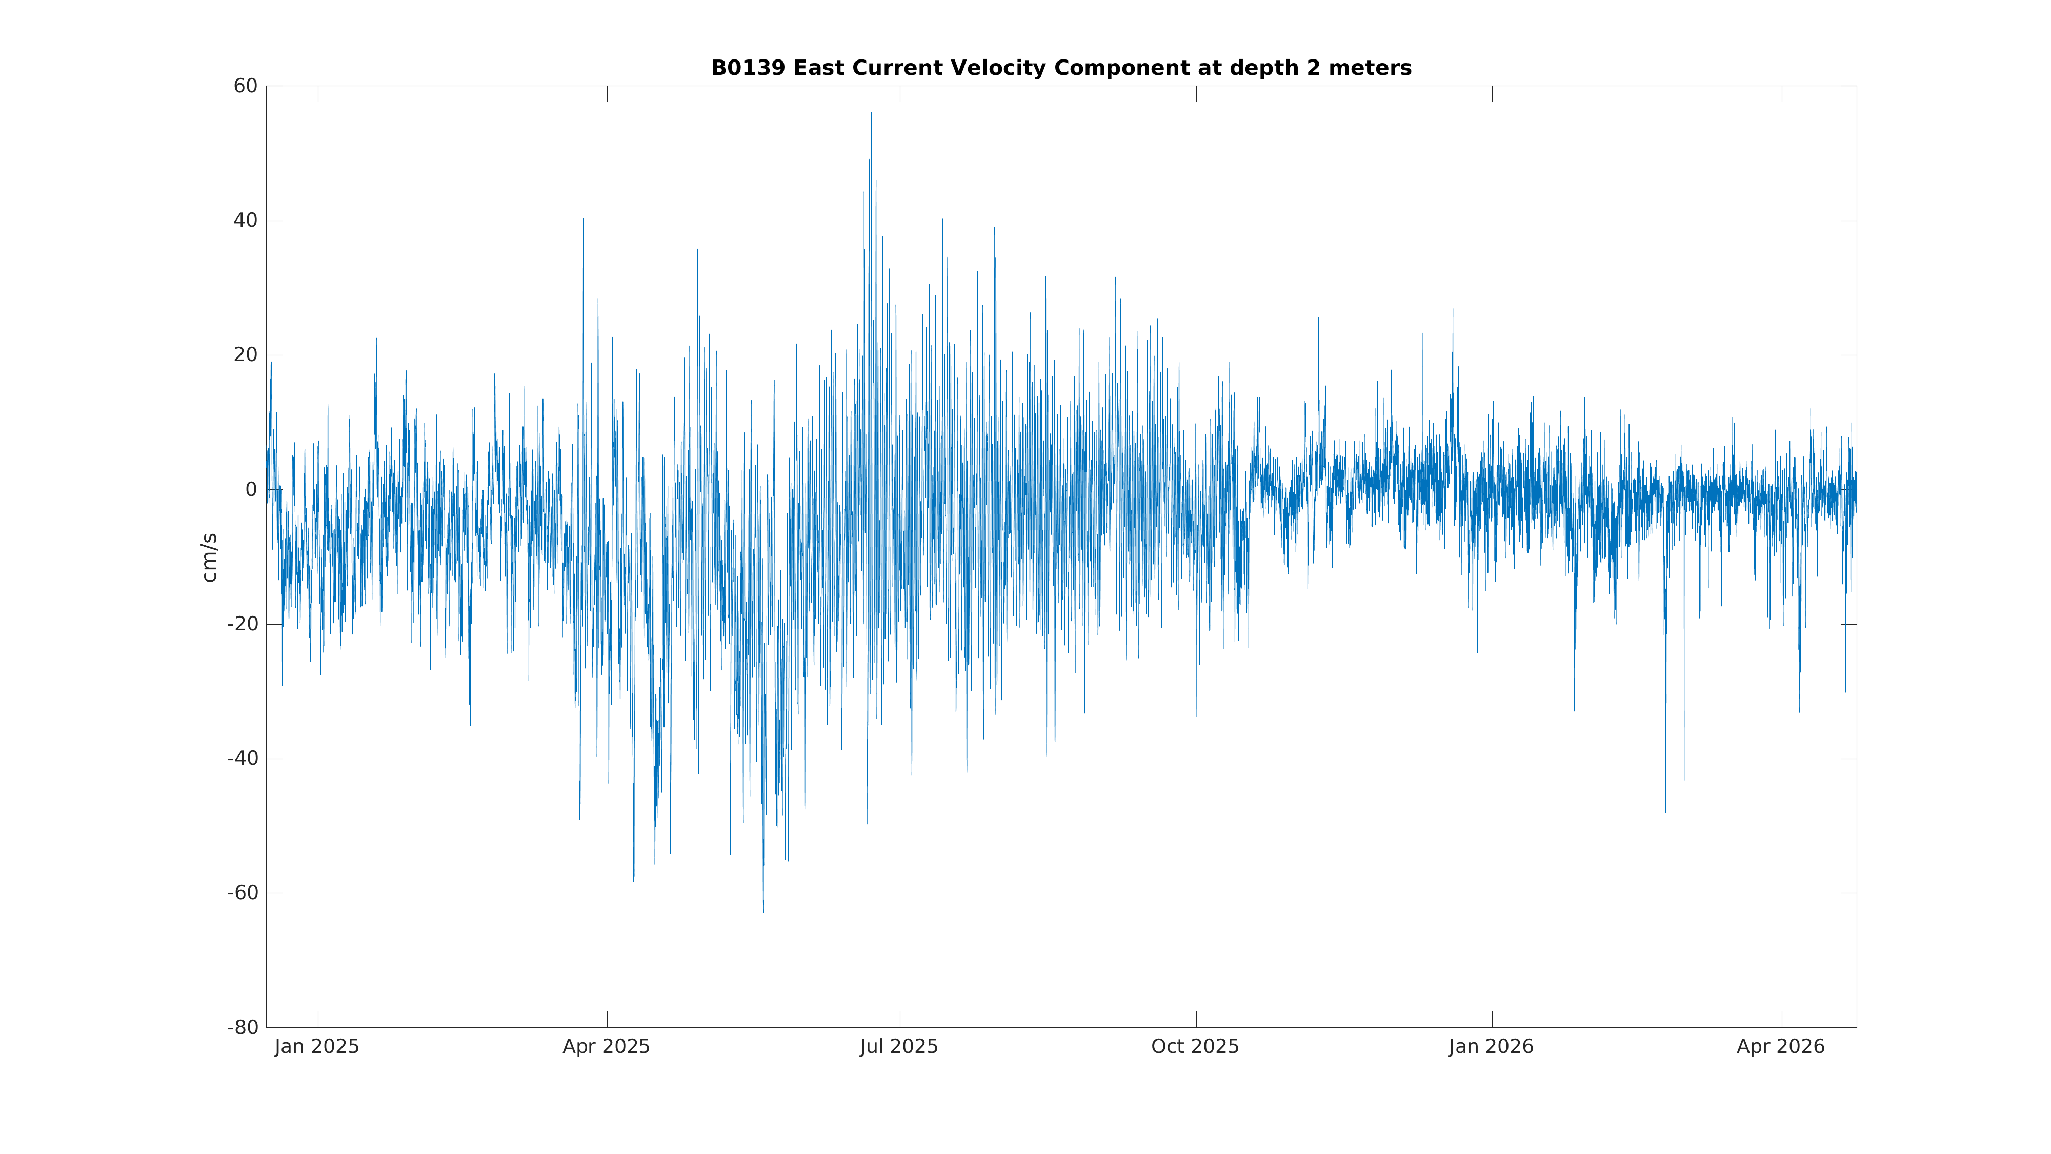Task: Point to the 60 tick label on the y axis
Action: point(245,86)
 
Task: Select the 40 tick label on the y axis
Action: point(245,221)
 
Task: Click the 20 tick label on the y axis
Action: point(245,355)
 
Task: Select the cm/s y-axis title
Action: point(209,558)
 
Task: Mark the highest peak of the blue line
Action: point(871,113)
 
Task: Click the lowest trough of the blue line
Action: point(763,912)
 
